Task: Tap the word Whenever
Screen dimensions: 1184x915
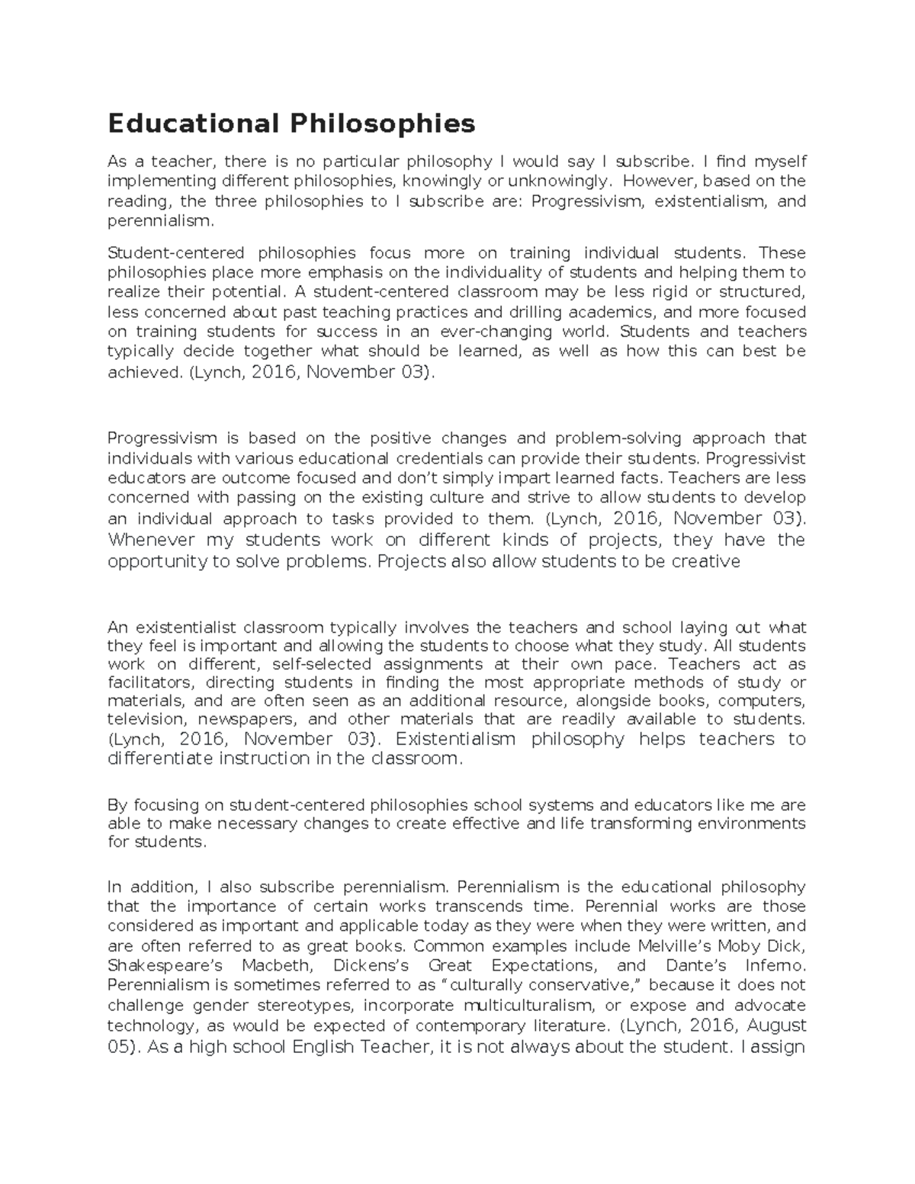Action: point(152,540)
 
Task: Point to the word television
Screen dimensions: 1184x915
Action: point(146,719)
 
